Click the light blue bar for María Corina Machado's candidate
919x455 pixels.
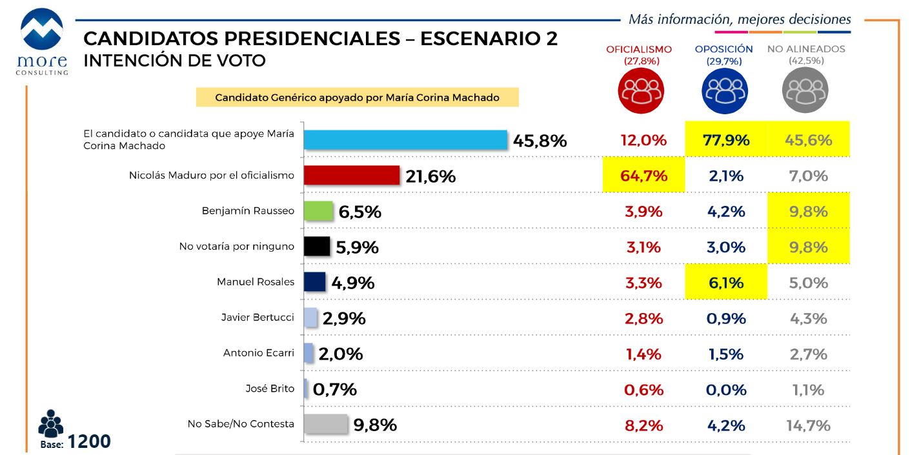(x=405, y=140)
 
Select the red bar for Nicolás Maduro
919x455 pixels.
(x=352, y=176)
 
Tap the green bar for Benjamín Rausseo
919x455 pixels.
(x=318, y=212)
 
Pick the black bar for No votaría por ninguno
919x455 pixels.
(x=317, y=247)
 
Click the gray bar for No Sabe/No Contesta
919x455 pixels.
(x=326, y=425)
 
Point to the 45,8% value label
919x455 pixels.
(x=540, y=141)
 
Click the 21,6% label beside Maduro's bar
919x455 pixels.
(x=430, y=176)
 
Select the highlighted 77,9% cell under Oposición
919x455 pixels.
(x=726, y=140)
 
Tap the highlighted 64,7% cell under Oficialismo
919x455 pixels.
(x=643, y=176)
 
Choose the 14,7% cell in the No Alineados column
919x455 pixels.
(x=809, y=425)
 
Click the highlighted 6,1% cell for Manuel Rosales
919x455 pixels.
(x=726, y=283)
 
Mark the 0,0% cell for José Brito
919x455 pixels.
(x=726, y=390)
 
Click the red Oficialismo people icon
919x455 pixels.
(x=640, y=91)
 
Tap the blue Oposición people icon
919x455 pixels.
(x=725, y=91)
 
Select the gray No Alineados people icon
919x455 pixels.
(x=805, y=91)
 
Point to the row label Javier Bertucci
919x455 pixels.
(x=258, y=318)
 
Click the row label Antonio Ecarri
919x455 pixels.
(x=258, y=353)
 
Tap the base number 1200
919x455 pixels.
(x=89, y=441)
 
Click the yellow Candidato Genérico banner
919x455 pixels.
(x=357, y=97)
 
